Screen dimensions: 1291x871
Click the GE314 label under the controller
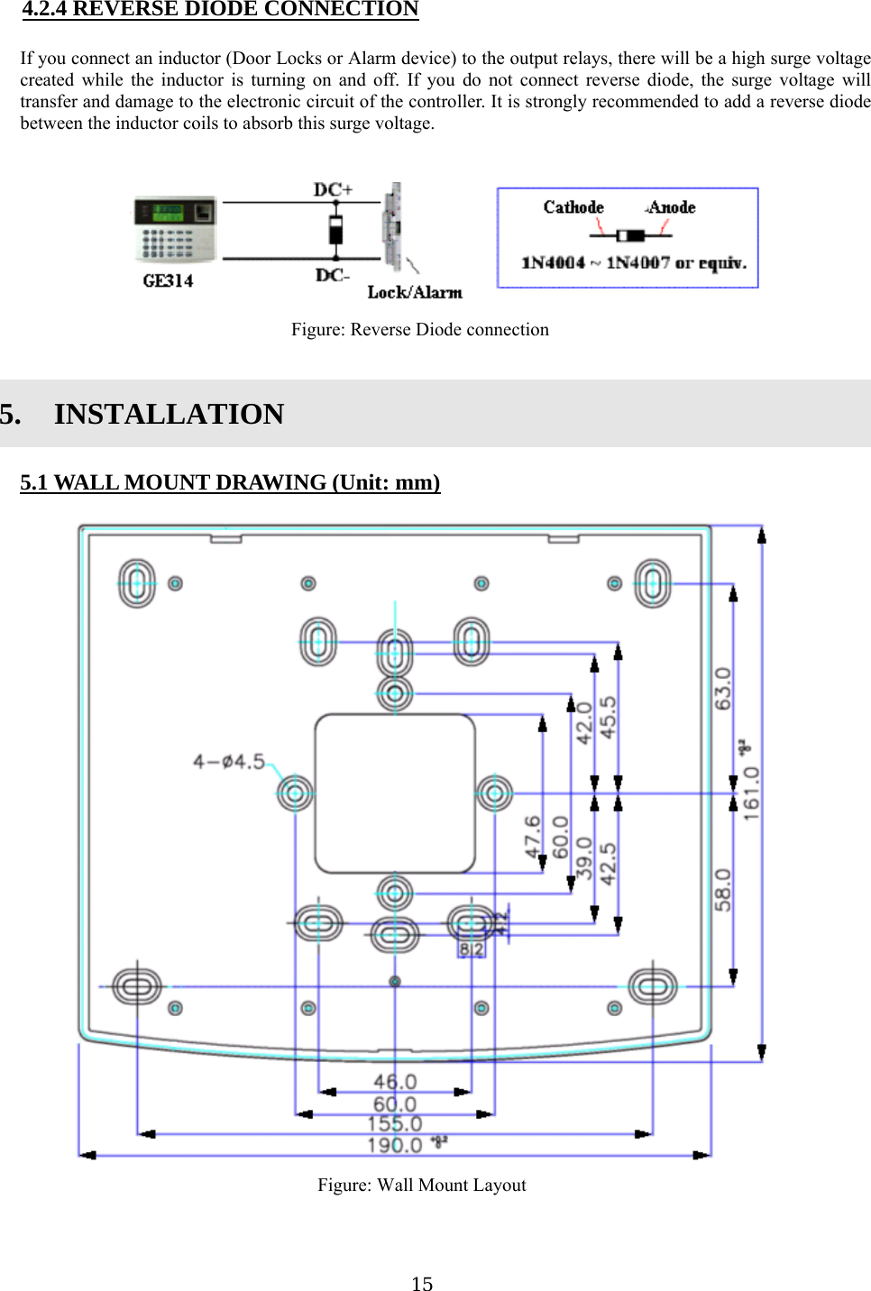(168, 280)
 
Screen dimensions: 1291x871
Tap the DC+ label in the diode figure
(333, 189)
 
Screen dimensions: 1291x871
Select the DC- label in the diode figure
(333, 275)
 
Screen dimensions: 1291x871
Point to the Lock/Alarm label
(415, 292)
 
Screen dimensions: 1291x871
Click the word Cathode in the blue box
(573, 207)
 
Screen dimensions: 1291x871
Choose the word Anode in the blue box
(672, 207)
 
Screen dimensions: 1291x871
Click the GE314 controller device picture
(175, 229)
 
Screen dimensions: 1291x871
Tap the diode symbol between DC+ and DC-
(335, 230)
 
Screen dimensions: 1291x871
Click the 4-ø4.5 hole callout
(229, 762)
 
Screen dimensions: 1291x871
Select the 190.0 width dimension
(395, 1145)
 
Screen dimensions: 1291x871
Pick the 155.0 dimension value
(395, 1123)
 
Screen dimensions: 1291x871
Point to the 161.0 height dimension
(751, 793)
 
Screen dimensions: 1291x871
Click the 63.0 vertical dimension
(723, 688)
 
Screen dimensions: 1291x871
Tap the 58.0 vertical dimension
(723, 889)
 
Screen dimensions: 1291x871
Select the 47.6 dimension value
(533, 836)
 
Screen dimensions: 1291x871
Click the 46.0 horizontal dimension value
(395, 1081)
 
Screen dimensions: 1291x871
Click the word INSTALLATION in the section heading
(169, 414)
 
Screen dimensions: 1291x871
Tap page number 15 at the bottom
(422, 1284)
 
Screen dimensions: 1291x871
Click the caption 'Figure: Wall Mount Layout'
(421, 1185)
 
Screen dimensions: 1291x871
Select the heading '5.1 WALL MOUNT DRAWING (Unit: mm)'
(230, 482)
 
